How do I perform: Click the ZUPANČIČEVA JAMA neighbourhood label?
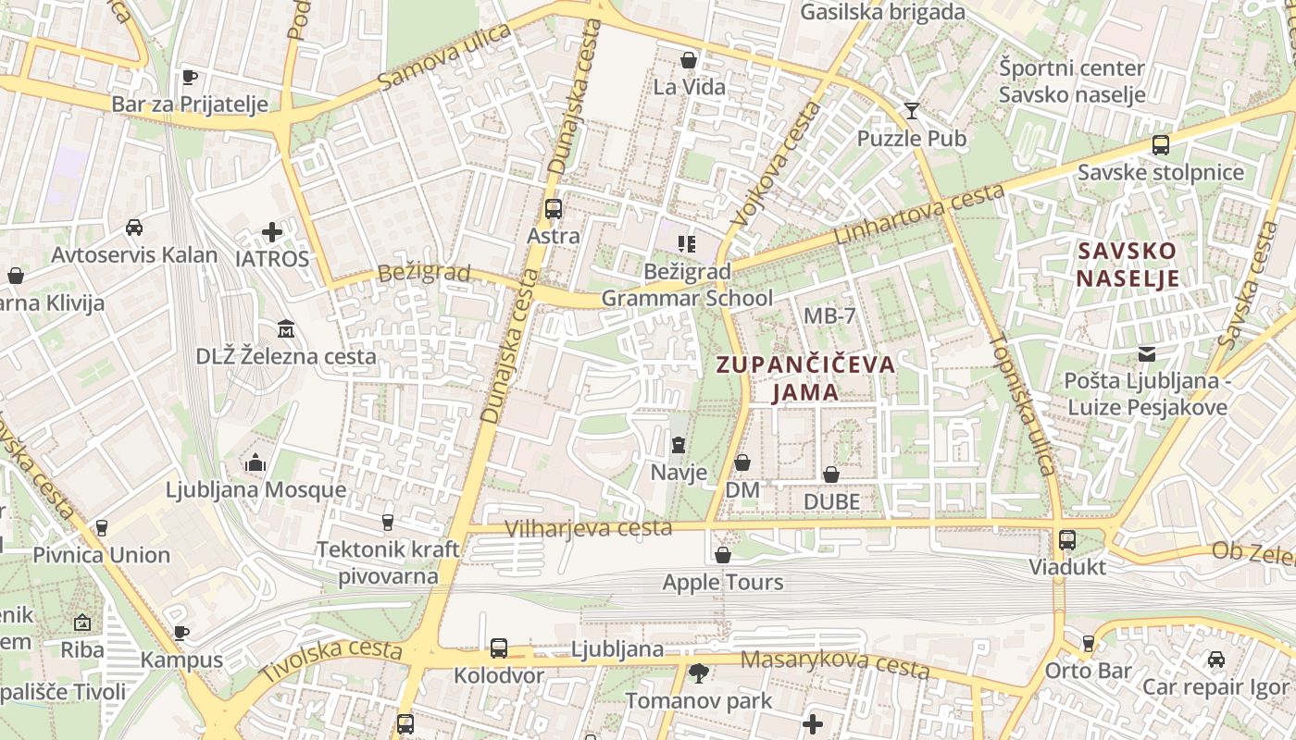click(x=806, y=377)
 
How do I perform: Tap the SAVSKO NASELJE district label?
click(x=1128, y=265)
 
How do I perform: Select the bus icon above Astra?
click(x=554, y=209)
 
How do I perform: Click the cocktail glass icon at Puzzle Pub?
click(x=912, y=111)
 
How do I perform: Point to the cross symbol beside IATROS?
click(x=272, y=231)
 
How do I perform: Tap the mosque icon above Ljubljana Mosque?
click(x=255, y=462)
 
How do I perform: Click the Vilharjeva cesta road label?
click(x=589, y=528)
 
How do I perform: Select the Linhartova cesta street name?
click(x=918, y=215)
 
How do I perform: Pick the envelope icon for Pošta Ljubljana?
click(x=1147, y=353)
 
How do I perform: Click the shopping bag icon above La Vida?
click(x=689, y=60)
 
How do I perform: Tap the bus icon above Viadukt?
click(x=1067, y=539)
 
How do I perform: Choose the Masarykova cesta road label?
click(x=835, y=662)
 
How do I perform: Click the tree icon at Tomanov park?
click(x=698, y=672)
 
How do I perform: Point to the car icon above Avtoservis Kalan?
click(x=134, y=227)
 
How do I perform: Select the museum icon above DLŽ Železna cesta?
click(x=286, y=328)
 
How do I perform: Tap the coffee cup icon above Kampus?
click(x=181, y=633)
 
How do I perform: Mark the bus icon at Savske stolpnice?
click(x=1160, y=145)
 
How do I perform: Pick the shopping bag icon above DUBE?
click(x=831, y=475)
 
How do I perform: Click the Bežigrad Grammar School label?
click(x=687, y=285)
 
